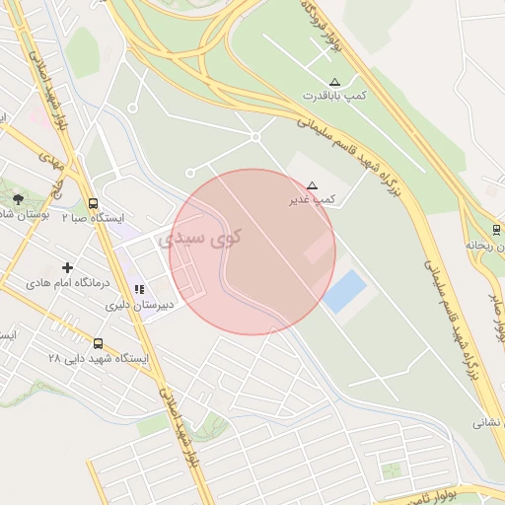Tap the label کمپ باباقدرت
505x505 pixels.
pyautogui.click(x=334, y=96)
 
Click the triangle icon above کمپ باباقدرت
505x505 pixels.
pyautogui.click(x=334, y=81)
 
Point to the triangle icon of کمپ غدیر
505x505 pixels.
pyautogui.click(x=313, y=184)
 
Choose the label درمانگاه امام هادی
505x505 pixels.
pyautogui.click(x=68, y=282)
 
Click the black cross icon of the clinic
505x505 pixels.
pyautogui.click(x=67, y=267)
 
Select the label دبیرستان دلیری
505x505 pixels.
pyautogui.click(x=139, y=305)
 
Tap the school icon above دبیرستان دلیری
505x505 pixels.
pyautogui.click(x=139, y=290)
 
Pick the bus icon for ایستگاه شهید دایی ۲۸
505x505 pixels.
pyautogui.click(x=98, y=343)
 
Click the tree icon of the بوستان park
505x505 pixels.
pyautogui.click(x=17, y=199)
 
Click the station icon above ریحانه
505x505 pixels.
pyautogui.click(x=496, y=230)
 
